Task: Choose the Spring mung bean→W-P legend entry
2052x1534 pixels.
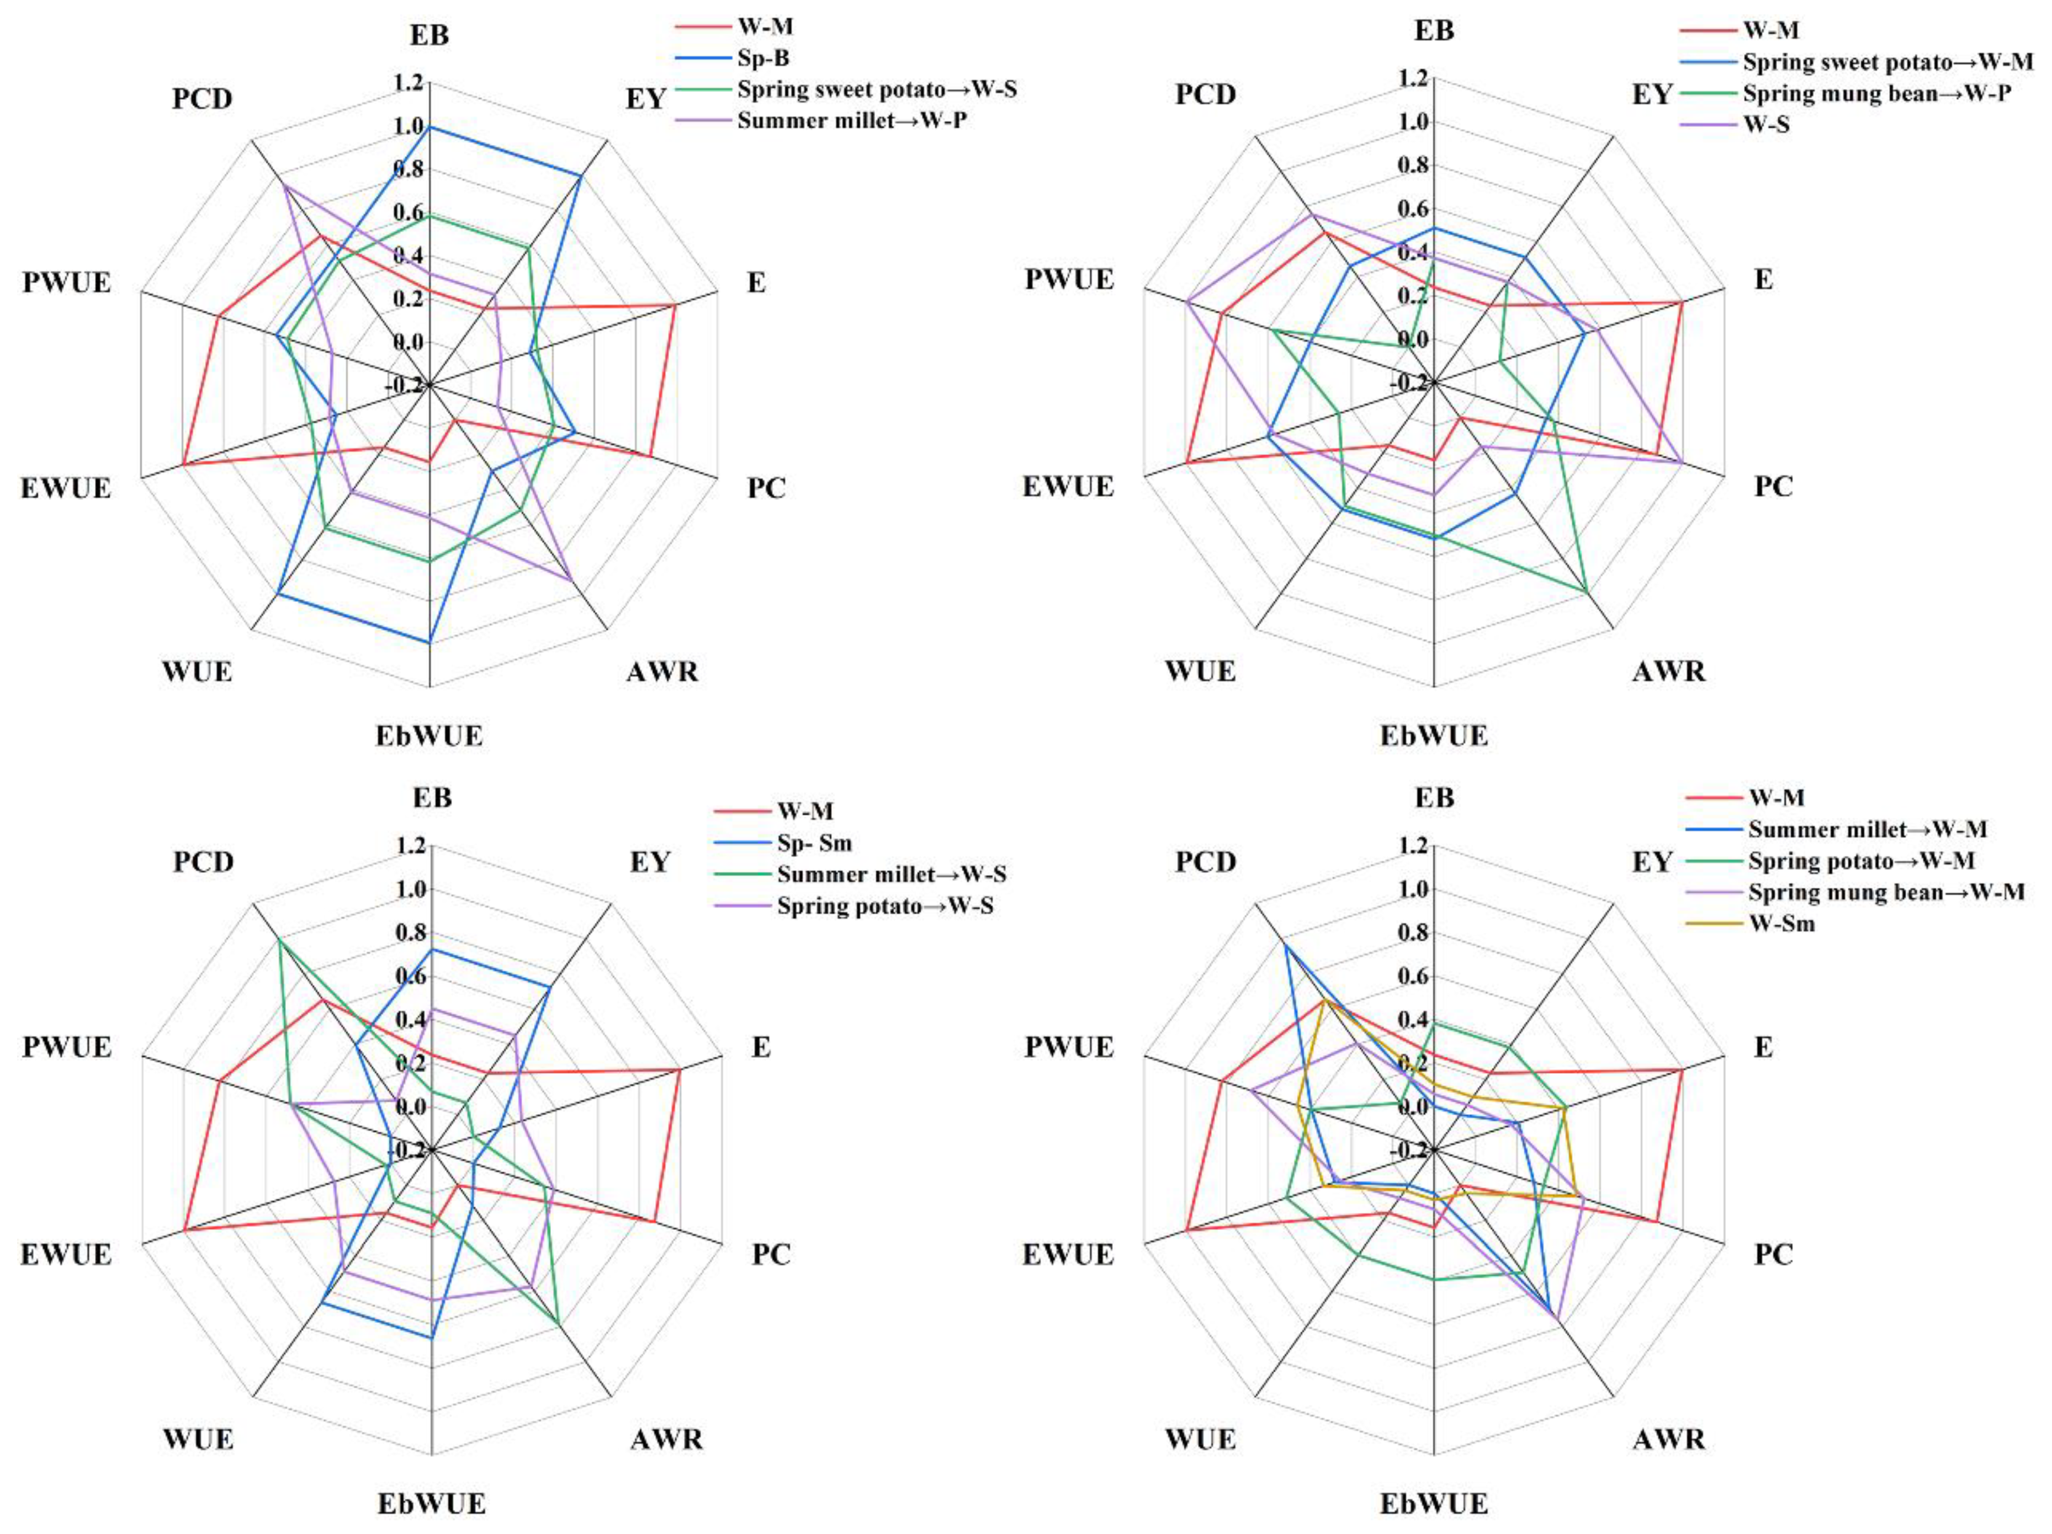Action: pos(1876,94)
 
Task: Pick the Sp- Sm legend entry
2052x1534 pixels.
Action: pos(814,843)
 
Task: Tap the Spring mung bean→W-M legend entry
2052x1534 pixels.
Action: pos(1885,892)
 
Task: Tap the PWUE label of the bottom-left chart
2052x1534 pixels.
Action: pos(67,1047)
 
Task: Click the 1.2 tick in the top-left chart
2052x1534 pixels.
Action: pos(407,83)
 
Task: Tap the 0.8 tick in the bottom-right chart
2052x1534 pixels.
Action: pos(1412,933)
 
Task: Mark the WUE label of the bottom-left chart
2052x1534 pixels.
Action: pos(198,1440)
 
